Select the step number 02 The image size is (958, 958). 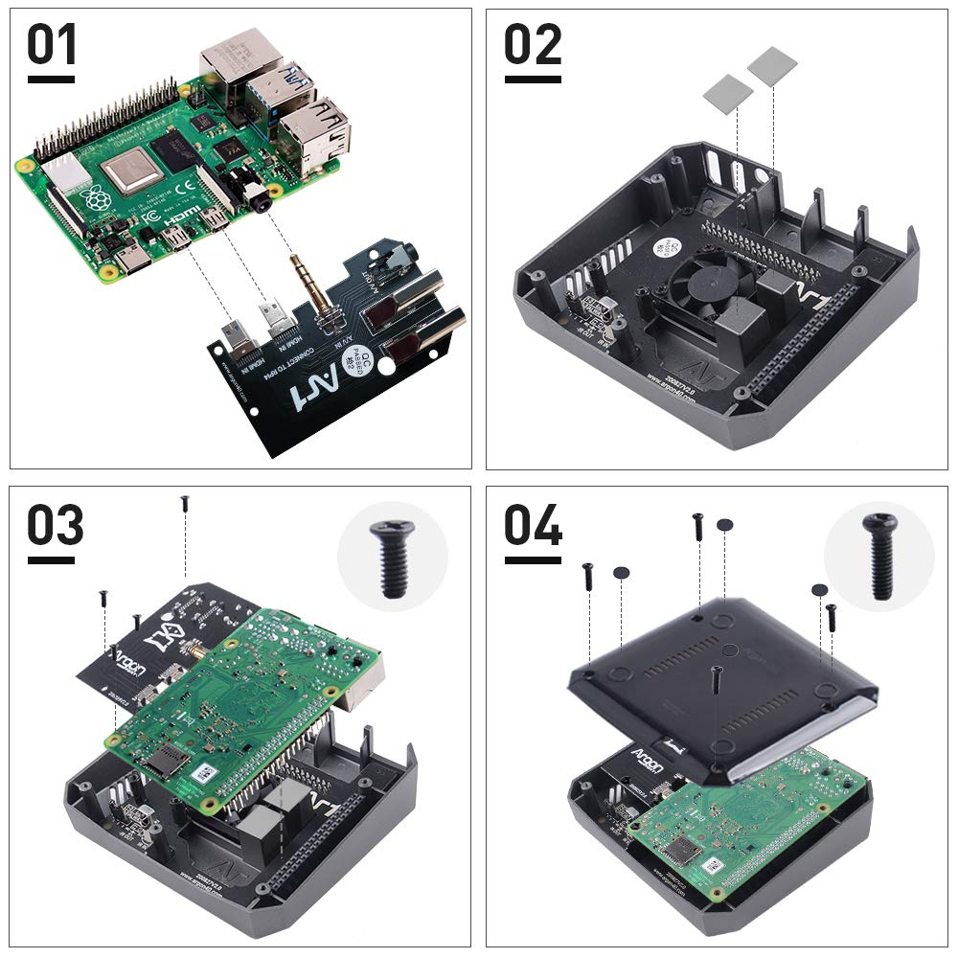click(x=533, y=47)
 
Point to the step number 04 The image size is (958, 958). click(x=533, y=527)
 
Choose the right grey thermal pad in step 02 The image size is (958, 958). click(x=772, y=65)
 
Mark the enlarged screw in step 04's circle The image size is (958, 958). click(x=879, y=556)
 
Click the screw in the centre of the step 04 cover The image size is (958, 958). click(x=718, y=679)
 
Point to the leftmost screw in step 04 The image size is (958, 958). click(x=588, y=575)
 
